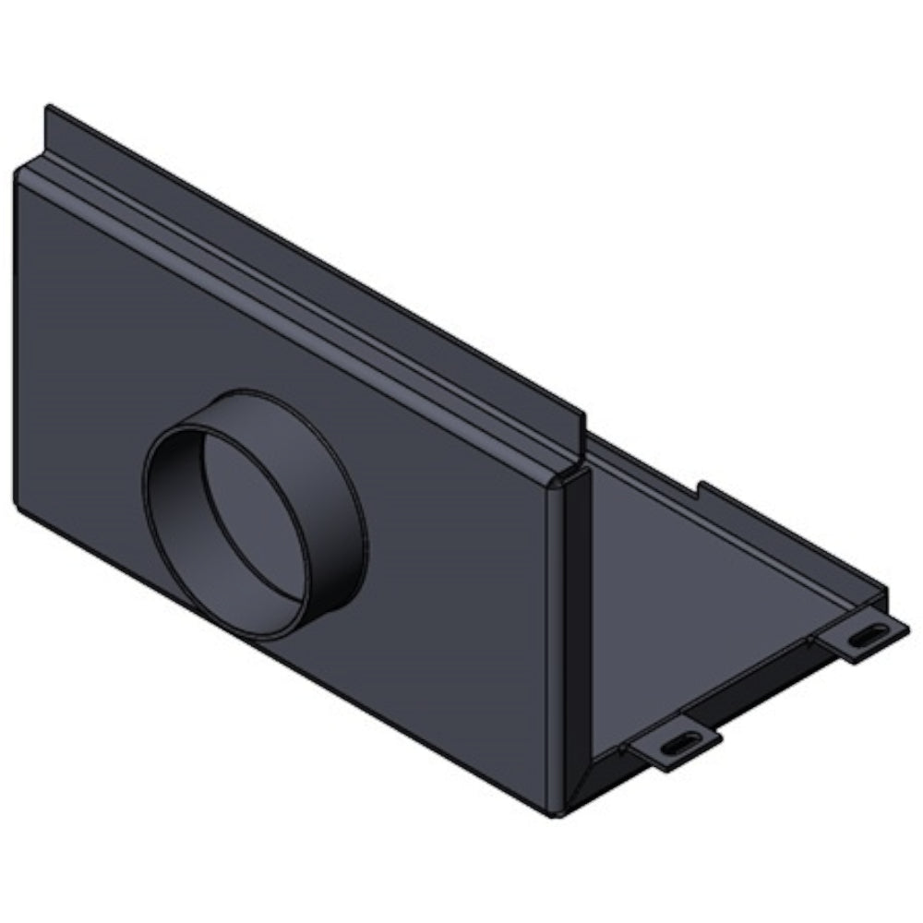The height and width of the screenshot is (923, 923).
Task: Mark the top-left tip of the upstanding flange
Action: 49,110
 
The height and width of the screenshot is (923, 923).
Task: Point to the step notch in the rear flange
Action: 701,488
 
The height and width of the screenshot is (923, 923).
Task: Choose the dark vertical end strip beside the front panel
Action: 569,646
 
